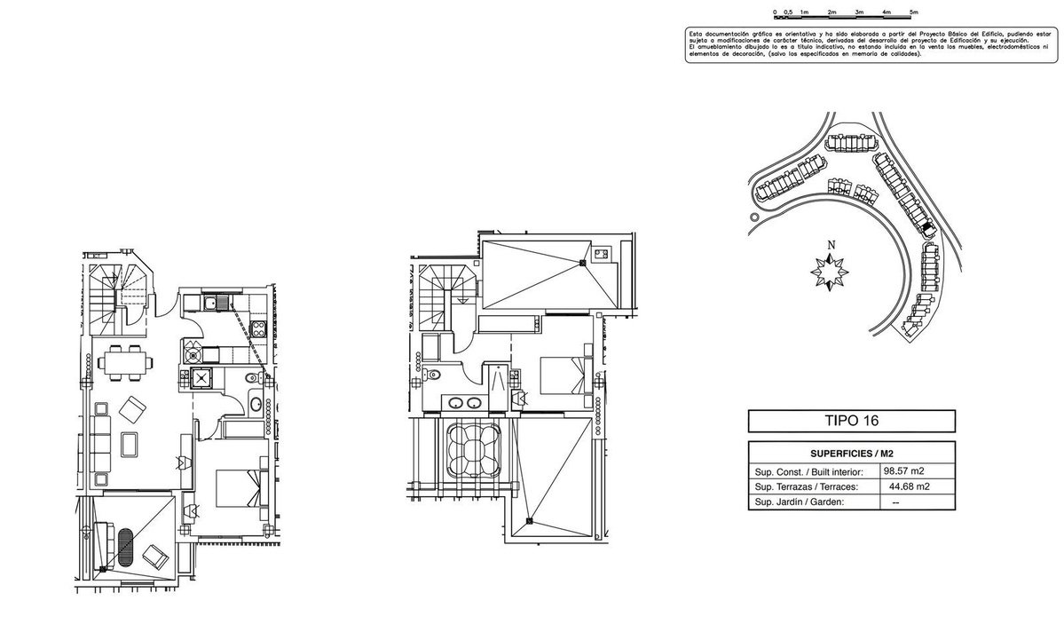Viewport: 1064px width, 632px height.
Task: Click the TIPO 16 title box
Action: click(851, 421)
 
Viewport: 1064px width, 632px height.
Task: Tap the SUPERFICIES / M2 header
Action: click(851, 453)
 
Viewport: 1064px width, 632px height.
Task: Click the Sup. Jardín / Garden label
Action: click(799, 502)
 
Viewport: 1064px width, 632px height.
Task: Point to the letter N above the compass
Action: click(831, 246)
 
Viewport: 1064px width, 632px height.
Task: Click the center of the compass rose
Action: click(831, 271)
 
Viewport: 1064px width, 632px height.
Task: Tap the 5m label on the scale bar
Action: click(913, 12)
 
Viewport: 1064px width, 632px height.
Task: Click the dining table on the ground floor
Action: click(124, 361)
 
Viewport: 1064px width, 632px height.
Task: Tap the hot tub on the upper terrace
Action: click(471, 451)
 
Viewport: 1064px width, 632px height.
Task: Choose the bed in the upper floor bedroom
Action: click(565, 376)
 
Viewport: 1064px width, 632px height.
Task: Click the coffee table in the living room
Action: click(130, 444)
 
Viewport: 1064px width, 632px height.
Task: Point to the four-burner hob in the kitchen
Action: click(259, 330)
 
